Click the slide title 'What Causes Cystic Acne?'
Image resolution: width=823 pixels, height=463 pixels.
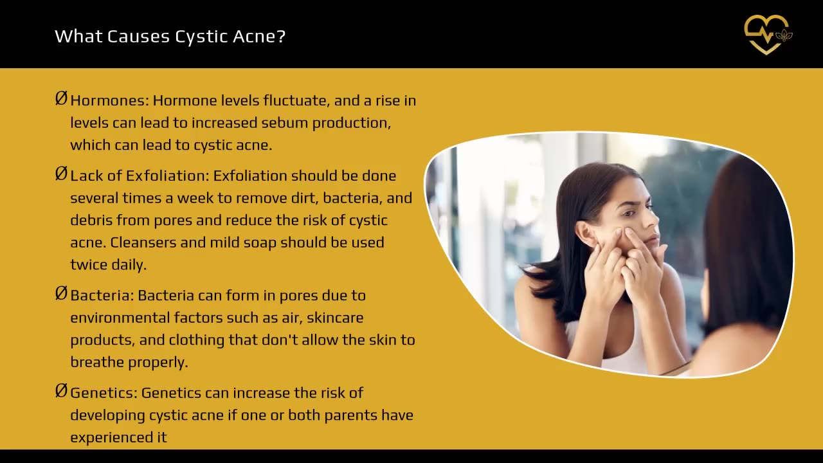click(170, 36)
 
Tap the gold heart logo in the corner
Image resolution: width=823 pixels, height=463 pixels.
click(767, 34)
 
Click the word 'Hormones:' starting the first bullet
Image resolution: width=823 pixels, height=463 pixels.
click(109, 101)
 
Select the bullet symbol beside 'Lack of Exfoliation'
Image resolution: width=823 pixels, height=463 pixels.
click(61, 174)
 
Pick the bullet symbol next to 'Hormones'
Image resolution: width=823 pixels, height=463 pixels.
click(61, 98)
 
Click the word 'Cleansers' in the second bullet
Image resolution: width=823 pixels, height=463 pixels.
click(149, 242)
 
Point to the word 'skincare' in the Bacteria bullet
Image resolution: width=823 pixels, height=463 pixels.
click(335, 318)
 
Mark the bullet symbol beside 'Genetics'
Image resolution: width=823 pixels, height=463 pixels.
click(61, 390)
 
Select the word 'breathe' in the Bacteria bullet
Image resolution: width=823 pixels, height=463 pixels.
click(97, 362)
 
